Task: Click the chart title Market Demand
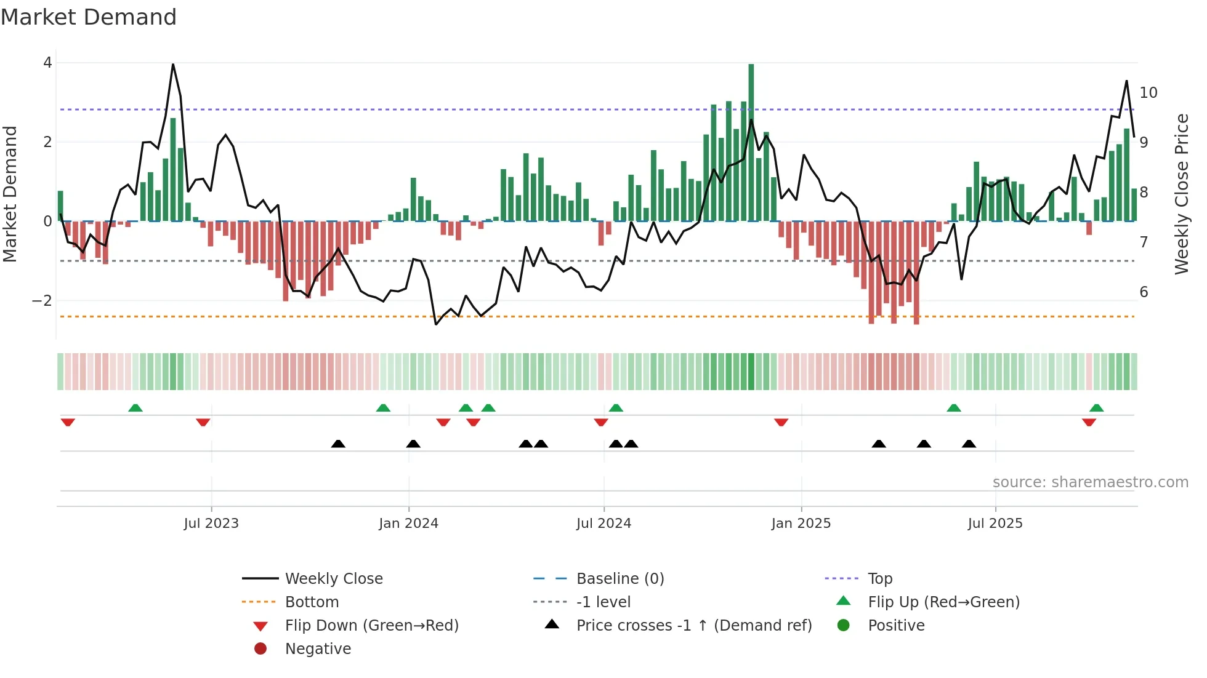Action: click(89, 17)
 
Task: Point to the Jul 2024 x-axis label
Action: click(603, 524)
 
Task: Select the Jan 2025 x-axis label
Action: click(801, 524)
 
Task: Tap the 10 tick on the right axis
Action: click(1148, 93)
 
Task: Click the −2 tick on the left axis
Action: click(42, 301)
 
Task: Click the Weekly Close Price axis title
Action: click(1181, 194)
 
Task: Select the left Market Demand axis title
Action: click(10, 194)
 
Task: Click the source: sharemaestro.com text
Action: click(1090, 482)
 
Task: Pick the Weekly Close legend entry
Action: click(333, 579)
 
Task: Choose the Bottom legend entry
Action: click(312, 602)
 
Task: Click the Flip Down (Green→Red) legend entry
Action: click(371, 626)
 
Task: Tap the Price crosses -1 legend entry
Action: click(693, 626)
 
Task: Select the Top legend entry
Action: click(879, 579)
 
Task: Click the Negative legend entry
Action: click(318, 649)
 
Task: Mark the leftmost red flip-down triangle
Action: click(68, 422)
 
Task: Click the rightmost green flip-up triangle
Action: click(1096, 408)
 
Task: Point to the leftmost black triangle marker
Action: click(338, 444)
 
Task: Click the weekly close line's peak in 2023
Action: click(173, 65)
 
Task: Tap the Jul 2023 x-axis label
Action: click(211, 524)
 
